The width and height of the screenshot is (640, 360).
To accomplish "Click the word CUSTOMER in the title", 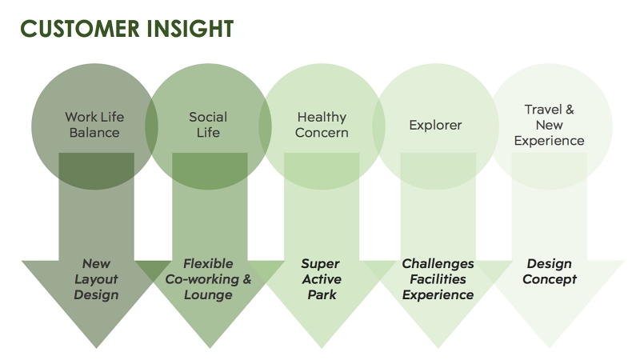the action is pyautogui.click(x=80, y=29).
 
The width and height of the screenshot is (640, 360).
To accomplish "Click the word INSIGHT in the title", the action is pyautogui.click(x=190, y=29).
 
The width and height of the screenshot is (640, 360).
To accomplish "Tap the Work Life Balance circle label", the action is pyautogui.click(x=94, y=125).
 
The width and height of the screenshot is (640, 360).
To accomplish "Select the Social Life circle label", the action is pyautogui.click(x=208, y=125).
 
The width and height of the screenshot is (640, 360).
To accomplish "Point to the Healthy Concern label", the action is pyautogui.click(x=322, y=125).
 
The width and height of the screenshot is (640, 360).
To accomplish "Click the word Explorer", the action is pyautogui.click(x=435, y=125).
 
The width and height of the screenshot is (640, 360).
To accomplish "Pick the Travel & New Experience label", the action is pyautogui.click(x=549, y=125).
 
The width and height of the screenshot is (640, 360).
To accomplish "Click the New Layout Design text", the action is pyautogui.click(x=96, y=279).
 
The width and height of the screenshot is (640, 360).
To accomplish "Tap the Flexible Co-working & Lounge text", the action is pyautogui.click(x=208, y=279).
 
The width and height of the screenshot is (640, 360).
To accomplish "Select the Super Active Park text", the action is pyautogui.click(x=322, y=279).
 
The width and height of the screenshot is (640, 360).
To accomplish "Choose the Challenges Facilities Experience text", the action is pyautogui.click(x=438, y=279).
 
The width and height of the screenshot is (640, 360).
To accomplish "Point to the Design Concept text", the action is pyautogui.click(x=550, y=271).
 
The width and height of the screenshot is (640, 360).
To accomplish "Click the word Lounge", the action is pyautogui.click(x=208, y=294).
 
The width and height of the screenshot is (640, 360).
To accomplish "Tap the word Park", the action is pyautogui.click(x=322, y=294).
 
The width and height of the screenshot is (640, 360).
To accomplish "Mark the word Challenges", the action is pyautogui.click(x=438, y=264).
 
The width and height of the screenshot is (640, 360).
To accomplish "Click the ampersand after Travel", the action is pyautogui.click(x=570, y=110).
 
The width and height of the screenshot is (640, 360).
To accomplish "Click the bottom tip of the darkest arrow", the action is pyautogui.click(x=97, y=348).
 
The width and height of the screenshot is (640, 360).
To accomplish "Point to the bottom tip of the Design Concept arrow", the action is pyautogui.click(x=550, y=348).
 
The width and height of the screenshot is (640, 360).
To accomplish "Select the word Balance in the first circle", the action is pyautogui.click(x=94, y=133).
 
